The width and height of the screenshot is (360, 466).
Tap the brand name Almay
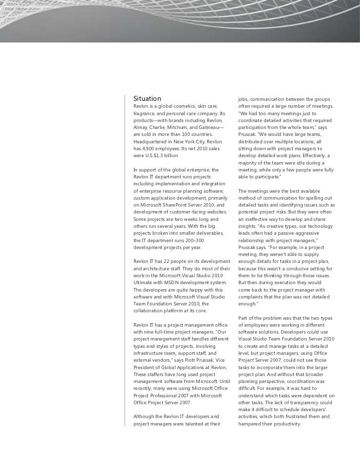(x=141, y=127)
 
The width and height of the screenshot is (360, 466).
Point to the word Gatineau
(x=210, y=127)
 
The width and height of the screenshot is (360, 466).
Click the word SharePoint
(x=180, y=205)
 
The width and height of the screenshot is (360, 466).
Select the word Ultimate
(x=144, y=283)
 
